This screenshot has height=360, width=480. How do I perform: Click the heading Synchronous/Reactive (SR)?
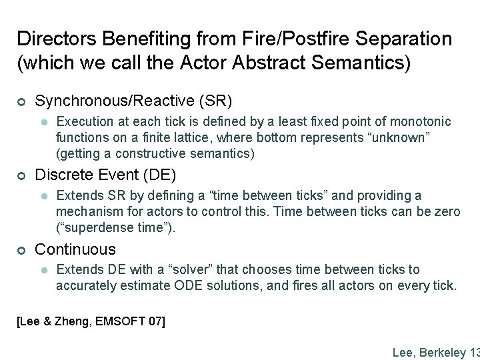(x=133, y=101)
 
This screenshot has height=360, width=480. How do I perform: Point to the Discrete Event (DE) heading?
(x=105, y=175)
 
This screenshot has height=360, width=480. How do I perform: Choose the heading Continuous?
(x=75, y=249)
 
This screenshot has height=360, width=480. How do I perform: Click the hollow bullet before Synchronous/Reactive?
(x=21, y=101)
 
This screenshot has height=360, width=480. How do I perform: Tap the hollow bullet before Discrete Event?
(x=21, y=175)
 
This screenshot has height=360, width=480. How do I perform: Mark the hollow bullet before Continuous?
(x=21, y=250)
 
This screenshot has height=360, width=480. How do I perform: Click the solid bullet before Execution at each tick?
(x=43, y=122)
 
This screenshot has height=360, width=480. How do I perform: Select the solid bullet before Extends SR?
(x=43, y=196)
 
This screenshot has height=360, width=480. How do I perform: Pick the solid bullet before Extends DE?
(x=43, y=270)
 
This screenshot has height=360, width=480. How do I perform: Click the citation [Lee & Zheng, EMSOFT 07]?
(x=90, y=322)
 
